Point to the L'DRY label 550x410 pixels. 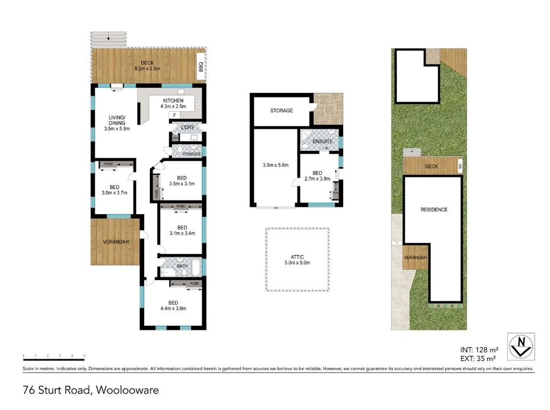(x=187, y=126)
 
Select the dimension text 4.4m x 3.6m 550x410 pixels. (x=174, y=309)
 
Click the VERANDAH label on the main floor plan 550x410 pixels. (x=116, y=241)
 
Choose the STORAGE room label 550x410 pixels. (x=282, y=110)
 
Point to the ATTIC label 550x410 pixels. (x=298, y=257)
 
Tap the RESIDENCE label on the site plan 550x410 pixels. (x=434, y=210)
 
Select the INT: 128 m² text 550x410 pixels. (x=479, y=350)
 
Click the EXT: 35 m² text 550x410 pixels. (x=479, y=359)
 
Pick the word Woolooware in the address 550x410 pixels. (x=127, y=391)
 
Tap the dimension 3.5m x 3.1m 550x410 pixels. (x=182, y=183)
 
